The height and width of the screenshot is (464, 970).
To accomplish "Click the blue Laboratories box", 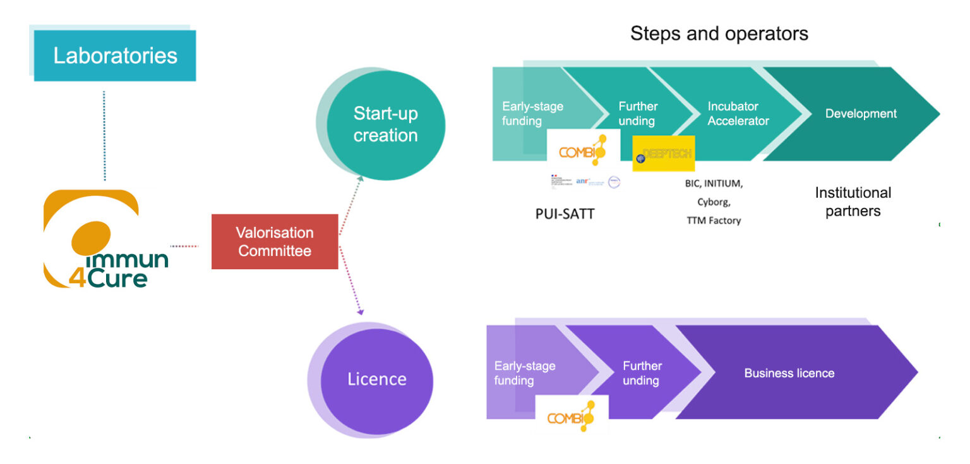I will (x=115, y=56).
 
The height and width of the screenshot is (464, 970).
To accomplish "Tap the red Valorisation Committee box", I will (x=275, y=241).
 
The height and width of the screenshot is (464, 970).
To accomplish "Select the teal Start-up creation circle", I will (x=385, y=125).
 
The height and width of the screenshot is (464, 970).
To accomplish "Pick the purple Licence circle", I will (x=377, y=379).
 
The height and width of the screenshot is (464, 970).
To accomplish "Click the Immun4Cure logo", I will (x=106, y=240).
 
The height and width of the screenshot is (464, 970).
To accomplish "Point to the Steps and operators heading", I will (x=719, y=34).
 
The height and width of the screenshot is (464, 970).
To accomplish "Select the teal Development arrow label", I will (x=861, y=114).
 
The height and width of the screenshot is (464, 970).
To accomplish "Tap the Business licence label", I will (x=789, y=373).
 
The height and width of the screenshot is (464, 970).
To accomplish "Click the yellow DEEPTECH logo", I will (x=663, y=154).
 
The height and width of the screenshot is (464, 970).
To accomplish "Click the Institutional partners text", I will (x=853, y=202).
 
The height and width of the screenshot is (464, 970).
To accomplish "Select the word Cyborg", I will (x=715, y=202).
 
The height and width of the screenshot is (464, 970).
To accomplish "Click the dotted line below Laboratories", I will (x=104, y=136).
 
